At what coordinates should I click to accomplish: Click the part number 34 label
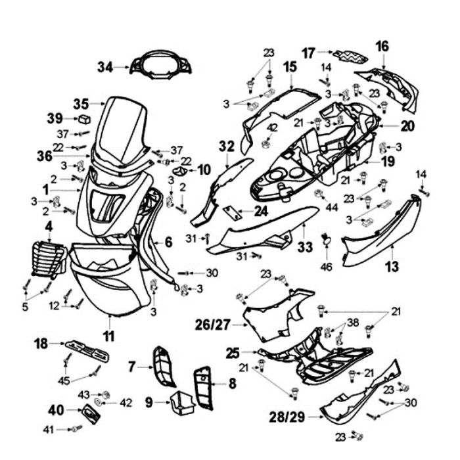[105, 66]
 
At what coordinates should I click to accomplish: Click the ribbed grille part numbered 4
[46, 258]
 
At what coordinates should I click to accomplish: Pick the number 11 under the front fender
[109, 336]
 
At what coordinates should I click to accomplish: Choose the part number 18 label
[41, 343]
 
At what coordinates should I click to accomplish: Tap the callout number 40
[56, 411]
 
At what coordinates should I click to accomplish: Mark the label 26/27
[213, 323]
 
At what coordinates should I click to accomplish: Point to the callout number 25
[232, 352]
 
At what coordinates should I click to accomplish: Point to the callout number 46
[327, 267]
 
